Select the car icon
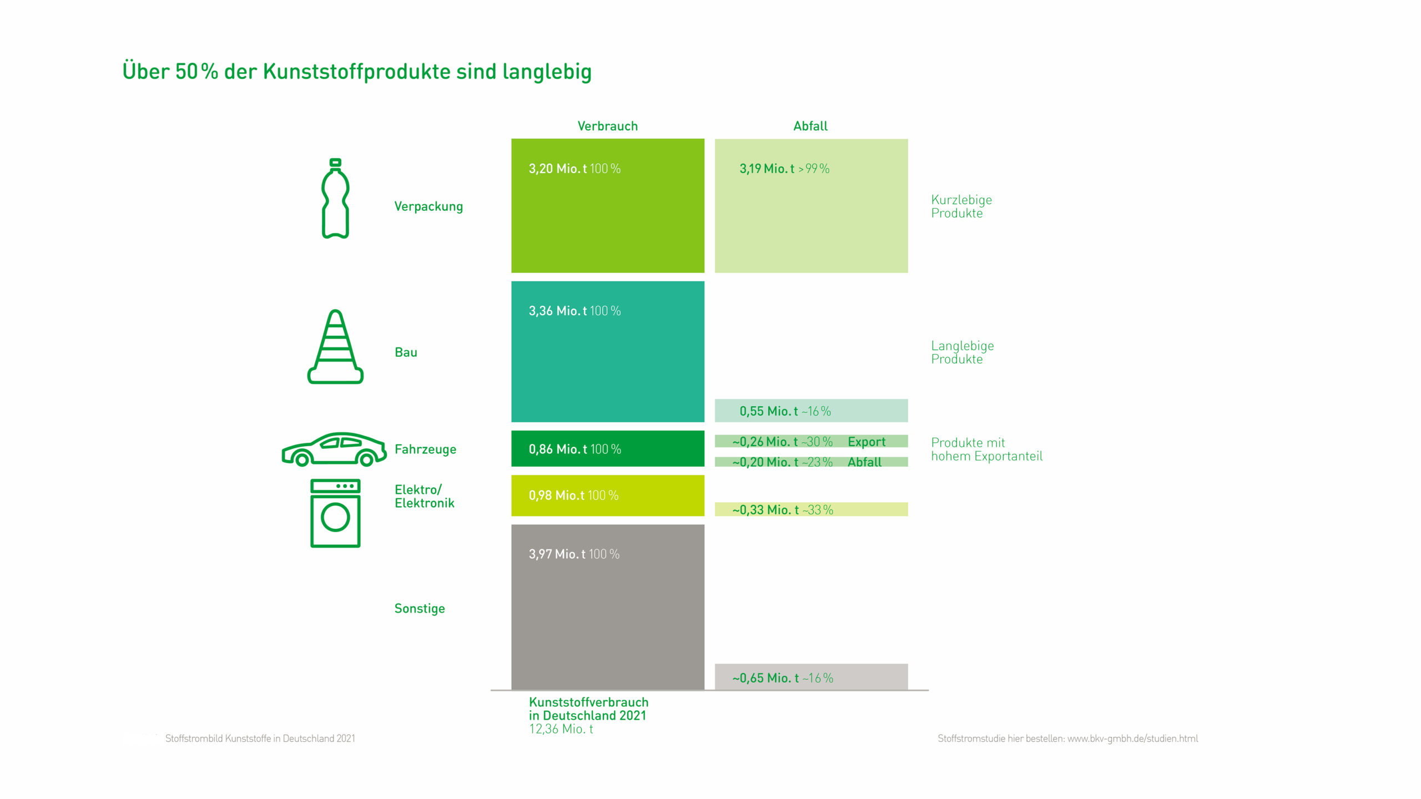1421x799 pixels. click(x=334, y=449)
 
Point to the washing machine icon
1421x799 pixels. click(x=335, y=513)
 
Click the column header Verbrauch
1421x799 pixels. click(x=607, y=126)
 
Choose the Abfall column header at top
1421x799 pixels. click(x=810, y=126)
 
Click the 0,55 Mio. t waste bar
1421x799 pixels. click(x=810, y=411)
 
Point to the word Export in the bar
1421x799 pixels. click(x=866, y=442)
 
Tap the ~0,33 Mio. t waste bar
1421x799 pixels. click(x=810, y=509)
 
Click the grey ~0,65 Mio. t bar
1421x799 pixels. click(x=810, y=677)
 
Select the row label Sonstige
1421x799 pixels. click(x=420, y=608)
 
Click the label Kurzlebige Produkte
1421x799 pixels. click(x=961, y=206)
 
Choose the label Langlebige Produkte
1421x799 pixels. click(x=962, y=352)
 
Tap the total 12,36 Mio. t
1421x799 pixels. click(x=561, y=729)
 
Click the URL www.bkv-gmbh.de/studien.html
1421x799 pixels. click(x=1132, y=739)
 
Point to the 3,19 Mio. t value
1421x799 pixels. click(x=767, y=169)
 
